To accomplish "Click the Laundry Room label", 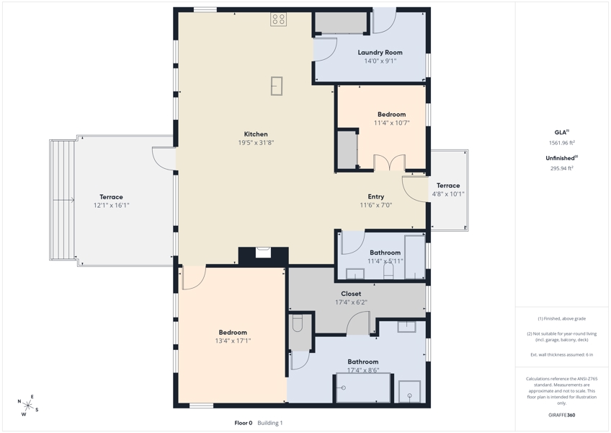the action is click(380, 52).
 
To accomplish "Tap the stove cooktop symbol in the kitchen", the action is click(279, 19).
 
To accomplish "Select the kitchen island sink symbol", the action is click(277, 86).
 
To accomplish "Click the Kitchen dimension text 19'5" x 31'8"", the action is click(256, 142).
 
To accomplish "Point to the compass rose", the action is click(27, 406).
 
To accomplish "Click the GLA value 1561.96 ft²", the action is click(561, 143).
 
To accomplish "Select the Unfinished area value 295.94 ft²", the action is click(561, 169).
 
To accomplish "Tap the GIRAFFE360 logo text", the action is click(561, 415).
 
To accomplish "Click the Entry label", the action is click(376, 197).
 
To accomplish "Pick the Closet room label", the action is click(351, 294).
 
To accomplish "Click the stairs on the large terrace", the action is click(63, 200).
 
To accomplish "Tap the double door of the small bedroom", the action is click(390, 162).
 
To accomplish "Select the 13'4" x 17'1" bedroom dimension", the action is click(233, 341).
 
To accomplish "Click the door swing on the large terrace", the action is click(164, 159).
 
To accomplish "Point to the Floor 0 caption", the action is click(244, 423).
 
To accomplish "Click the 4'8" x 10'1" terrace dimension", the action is click(448, 194).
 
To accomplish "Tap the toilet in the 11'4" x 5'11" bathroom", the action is click(388, 271).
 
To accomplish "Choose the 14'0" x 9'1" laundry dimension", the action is click(380, 61).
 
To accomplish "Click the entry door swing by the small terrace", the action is click(414, 189).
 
